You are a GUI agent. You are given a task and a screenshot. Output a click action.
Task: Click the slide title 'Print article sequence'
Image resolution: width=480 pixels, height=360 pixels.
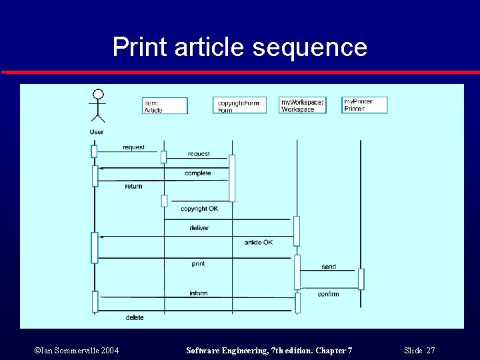[240, 47]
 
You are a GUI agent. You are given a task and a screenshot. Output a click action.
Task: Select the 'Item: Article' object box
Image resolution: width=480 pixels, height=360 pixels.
[165, 106]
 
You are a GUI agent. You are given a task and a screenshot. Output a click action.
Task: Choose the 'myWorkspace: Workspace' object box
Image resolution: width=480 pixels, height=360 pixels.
[302, 105]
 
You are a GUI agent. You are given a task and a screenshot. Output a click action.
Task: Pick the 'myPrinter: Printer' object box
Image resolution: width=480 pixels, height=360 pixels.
[364, 105]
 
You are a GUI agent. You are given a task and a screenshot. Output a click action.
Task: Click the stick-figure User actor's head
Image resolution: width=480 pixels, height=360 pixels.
[98, 94]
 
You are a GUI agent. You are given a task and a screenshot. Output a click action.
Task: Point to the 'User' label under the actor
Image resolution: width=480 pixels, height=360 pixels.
[97, 132]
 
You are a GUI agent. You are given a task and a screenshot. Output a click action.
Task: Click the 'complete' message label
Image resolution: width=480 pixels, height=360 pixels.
[197, 173]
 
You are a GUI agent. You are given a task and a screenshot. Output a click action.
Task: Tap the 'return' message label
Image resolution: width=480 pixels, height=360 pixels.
[133, 187]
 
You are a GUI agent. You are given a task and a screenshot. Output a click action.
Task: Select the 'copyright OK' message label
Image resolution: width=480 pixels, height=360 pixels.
[199, 209]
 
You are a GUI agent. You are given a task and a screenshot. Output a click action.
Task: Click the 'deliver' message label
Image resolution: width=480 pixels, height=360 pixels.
[199, 228]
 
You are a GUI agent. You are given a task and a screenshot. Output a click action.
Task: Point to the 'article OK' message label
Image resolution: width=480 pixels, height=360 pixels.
[258, 242]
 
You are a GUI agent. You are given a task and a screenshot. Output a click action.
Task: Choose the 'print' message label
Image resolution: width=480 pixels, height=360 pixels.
[198, 264]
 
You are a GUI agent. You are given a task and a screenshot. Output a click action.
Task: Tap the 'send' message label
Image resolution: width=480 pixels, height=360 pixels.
[329, 267]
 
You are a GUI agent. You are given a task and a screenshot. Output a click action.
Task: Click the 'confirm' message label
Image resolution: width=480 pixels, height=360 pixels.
[328, 294]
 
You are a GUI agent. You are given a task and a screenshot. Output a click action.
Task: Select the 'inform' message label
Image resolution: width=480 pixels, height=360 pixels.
[198, 293]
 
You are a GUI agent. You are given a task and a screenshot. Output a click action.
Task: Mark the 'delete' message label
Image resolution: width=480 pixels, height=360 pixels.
[135, 317]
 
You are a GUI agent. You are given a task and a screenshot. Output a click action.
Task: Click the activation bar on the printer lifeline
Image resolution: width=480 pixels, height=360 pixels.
[361, 279]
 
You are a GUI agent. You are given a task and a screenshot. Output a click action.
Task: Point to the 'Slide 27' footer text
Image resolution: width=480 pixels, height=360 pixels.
[419, 351]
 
